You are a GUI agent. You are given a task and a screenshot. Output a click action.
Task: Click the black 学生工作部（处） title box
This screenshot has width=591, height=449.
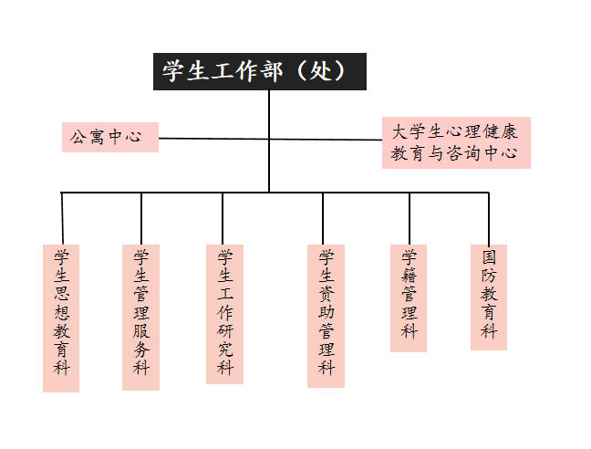pos(260,71)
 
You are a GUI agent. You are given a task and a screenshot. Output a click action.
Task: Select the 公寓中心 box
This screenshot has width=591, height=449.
pos(110,137)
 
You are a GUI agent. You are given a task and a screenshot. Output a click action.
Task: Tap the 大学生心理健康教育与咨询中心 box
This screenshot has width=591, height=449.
pos(456,142)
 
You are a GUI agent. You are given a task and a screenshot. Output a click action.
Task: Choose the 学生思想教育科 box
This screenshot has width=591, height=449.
pos(61,318)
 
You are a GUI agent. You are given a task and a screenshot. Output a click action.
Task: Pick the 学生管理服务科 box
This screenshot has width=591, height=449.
pos(140,318)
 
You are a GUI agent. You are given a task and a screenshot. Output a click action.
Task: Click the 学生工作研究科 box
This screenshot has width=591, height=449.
pos(224,314)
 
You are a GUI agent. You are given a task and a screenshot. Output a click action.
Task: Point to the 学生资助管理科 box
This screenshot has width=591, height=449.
pos(326,316)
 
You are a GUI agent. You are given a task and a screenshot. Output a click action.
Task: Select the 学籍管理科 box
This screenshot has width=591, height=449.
pos(409,298)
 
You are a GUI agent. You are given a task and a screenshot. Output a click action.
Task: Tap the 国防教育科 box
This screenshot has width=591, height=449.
pos(489,298)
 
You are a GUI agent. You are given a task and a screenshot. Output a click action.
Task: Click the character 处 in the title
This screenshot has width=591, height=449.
pos(320,71)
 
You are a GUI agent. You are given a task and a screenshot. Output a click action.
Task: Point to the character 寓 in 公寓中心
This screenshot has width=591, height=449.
pos(98,137)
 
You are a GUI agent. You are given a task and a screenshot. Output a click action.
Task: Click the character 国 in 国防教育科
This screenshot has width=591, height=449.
pos(489,257)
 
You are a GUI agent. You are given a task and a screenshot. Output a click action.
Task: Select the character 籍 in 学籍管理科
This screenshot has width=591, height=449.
pos(409,276)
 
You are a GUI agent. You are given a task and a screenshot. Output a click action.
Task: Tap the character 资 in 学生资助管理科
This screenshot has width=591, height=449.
pos(327,294)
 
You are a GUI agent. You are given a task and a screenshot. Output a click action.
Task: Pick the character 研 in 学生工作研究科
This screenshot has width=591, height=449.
pos(225,330)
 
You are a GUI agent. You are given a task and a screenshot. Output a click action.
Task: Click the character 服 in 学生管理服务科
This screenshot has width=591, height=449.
pos(141,330)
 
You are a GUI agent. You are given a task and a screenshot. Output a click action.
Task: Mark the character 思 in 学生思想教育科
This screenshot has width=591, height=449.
pos(61,294)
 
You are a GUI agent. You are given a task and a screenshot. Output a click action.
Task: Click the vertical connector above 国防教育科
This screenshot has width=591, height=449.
pos(489,219)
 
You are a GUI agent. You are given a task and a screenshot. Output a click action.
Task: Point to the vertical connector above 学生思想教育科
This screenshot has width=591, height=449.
pos(62,219)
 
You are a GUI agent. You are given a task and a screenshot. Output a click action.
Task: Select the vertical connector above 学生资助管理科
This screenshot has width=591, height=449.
pos(323,219)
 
